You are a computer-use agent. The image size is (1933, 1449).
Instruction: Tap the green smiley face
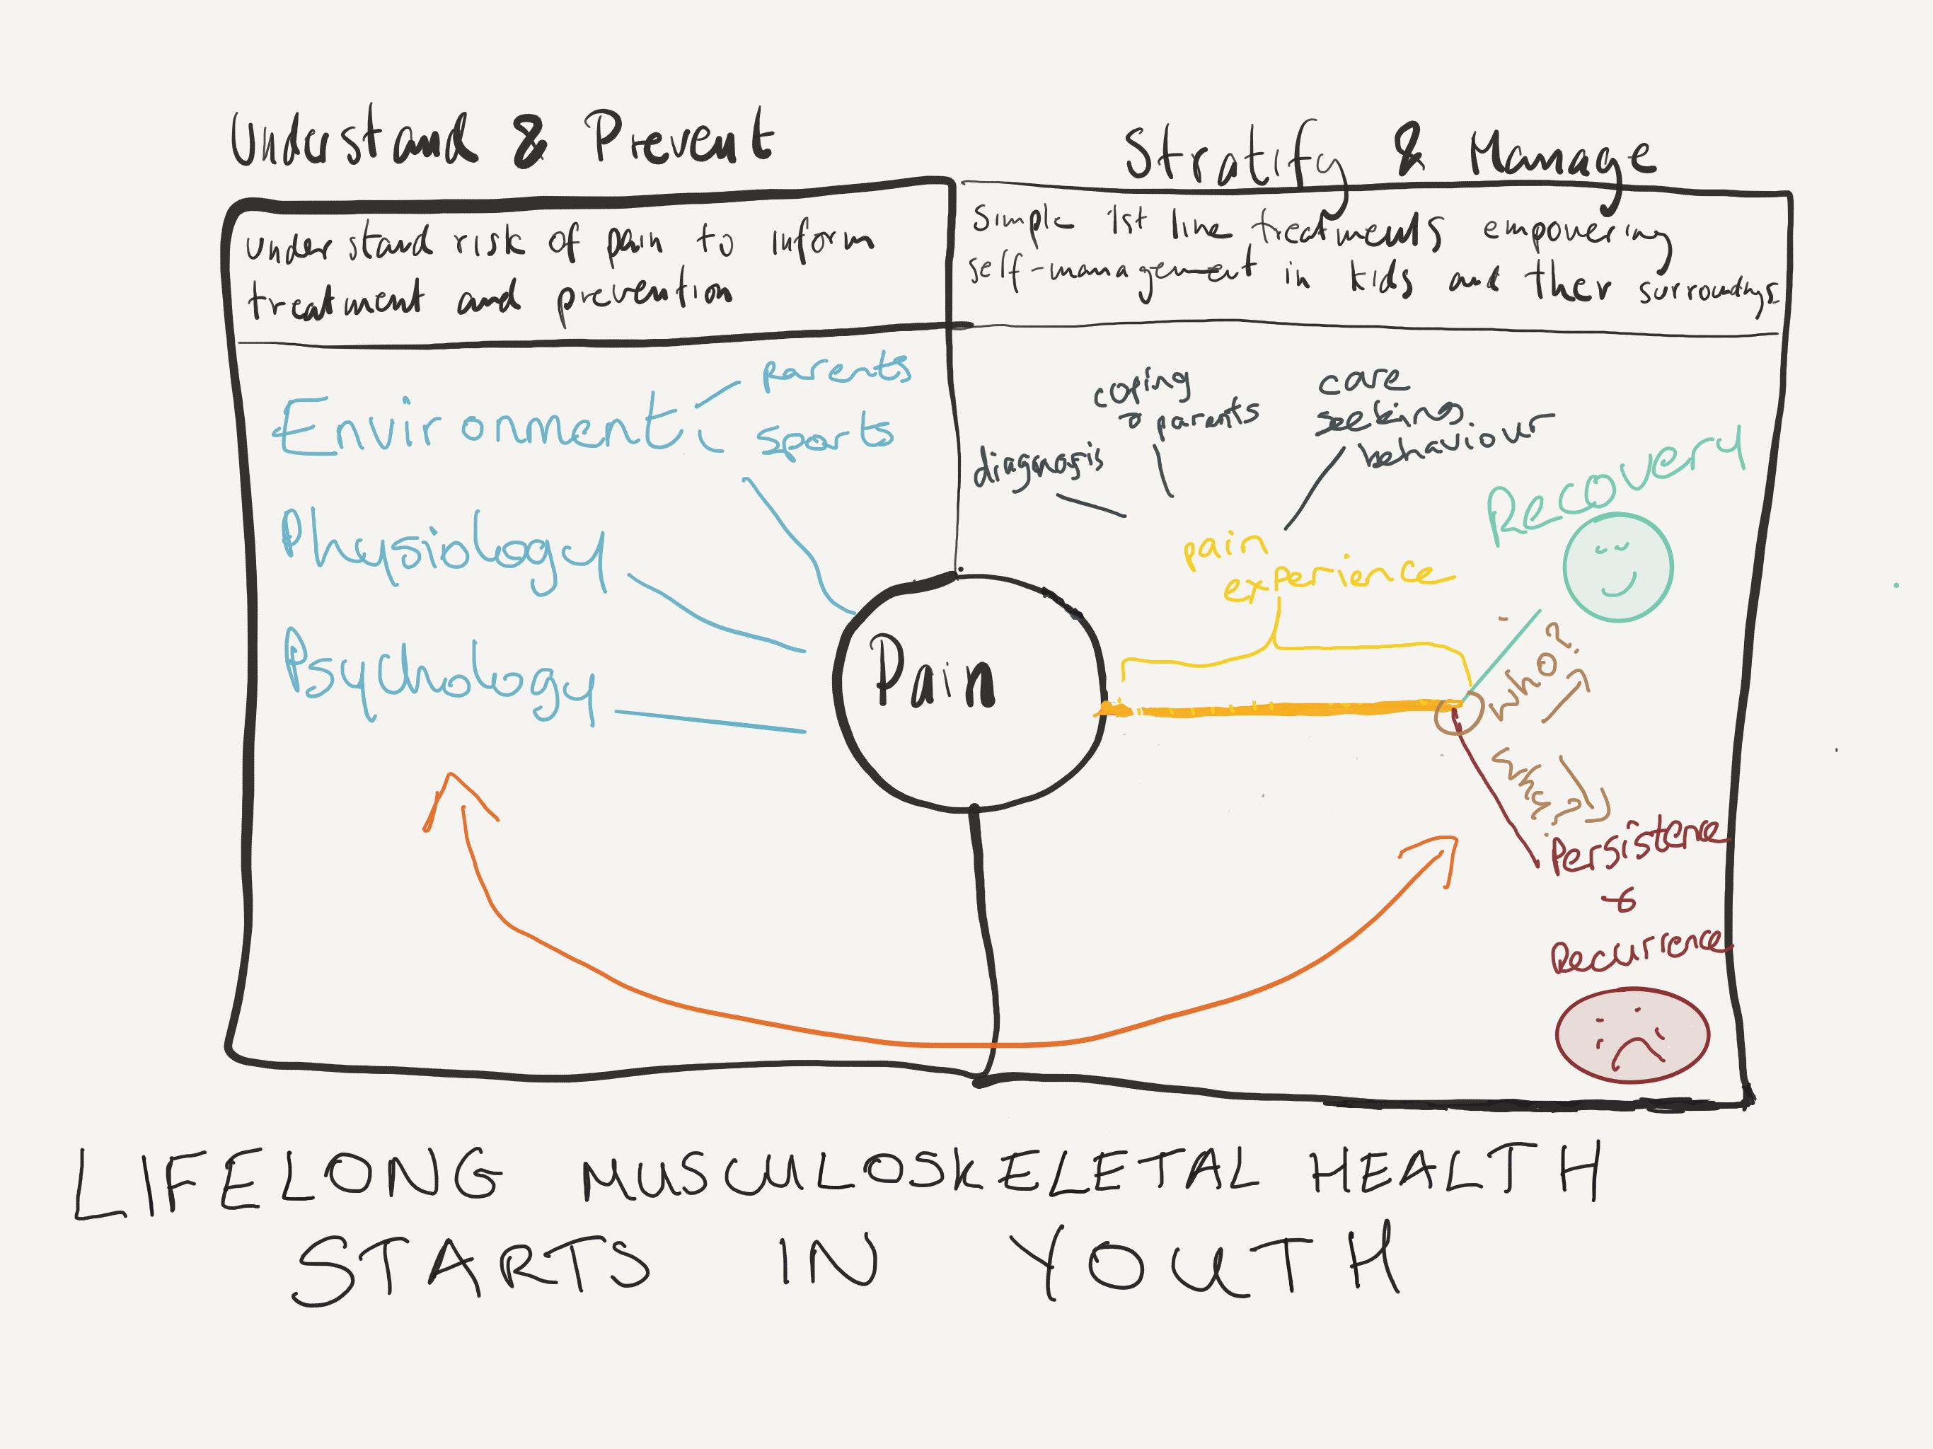coord(1617,568)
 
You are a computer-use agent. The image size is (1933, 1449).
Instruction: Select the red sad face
coord(1632,1035)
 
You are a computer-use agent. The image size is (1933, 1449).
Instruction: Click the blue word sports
coord(825,434)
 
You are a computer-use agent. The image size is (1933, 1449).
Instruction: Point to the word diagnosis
coord(1038,464)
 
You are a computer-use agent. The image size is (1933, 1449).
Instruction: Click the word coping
coord(1141,388)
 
